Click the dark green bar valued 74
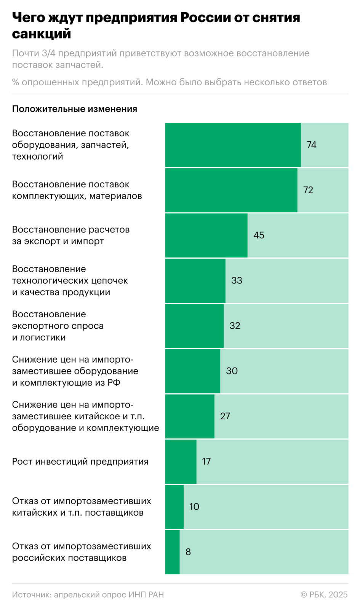[x=233, y=145]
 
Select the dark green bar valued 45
[x=206, y=235]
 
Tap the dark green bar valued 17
[x=181, y=462]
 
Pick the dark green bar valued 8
[x=172, y=552]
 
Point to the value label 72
[x=308, y=190]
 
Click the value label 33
[x=237, y=281]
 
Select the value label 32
[x=235, y=326]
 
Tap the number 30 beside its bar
[x=232, y=371]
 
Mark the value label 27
[x=225, y=416]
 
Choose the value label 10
[x=194, y=507]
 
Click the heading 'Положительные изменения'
[x=75, y=109]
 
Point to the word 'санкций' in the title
[x=42, y=34]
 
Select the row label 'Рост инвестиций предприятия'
[x=80, y=462]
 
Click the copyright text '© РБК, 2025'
[x=324, y=595]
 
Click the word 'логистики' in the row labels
[x=43, y=337]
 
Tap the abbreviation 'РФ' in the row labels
[x=114, y=383]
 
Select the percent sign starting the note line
[x=16, y=82]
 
